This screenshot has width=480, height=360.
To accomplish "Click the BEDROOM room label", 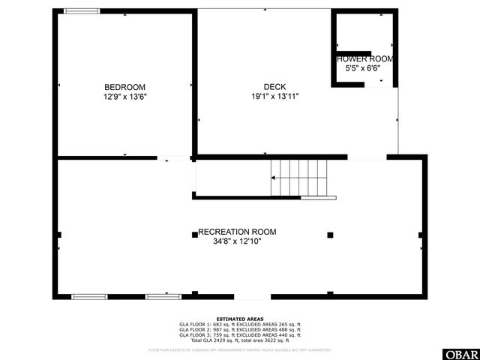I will click(x=124, y=87).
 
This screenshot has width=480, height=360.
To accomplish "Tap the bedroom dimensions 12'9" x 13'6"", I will click(x=124, y=97).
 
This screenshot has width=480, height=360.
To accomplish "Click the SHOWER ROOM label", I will click(x=364, y=58).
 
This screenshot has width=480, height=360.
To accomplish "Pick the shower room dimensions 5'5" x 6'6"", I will click(x=363, y=68).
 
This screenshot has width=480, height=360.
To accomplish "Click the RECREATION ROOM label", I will click(x=237, y=232).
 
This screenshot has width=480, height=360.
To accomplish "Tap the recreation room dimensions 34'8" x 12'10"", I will click(x=237, y=241).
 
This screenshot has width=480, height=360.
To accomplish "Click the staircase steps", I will click(x=300, y=178).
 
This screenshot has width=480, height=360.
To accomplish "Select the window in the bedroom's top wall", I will click(x=81, y=11).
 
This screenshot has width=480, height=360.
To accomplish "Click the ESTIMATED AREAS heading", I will click(x=239, y=319).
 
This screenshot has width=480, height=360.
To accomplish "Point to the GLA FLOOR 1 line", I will click(x=239, y=325).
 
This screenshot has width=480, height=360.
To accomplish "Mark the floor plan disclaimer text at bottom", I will click(x=239, y=349).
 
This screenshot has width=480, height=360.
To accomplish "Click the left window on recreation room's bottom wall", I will click(x=89, y=297).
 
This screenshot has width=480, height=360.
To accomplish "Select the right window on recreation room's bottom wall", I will click(x=163, y=297).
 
